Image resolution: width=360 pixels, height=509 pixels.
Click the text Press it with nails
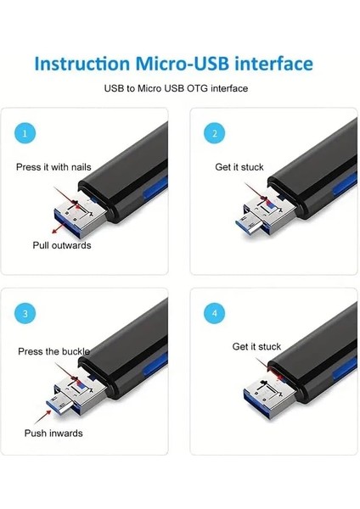coord(53,167)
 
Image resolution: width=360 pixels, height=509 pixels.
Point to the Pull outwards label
coord(63,245)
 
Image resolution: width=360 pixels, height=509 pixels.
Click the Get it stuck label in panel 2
coord(239,167)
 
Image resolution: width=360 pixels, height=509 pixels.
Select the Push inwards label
coord(53,433)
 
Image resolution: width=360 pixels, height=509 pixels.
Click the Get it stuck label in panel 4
coord(256,346)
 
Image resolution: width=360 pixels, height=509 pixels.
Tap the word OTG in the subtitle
coord(198,88)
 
